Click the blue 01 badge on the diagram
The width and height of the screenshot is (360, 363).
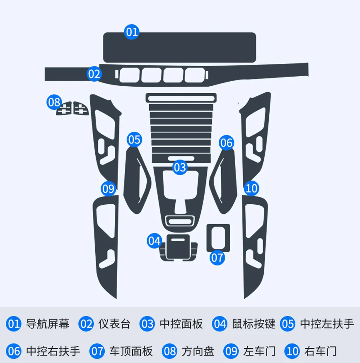click(132, 32)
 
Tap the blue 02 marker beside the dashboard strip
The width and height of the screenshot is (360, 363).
click(94, 74)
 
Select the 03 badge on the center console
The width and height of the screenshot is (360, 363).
click(180, 167)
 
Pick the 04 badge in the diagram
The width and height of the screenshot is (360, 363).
click(155, 241)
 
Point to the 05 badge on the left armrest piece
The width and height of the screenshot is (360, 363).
click(134, 140)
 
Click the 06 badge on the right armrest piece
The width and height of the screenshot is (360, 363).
click(227, 143)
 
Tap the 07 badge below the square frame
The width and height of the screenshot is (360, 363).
click(217, 258)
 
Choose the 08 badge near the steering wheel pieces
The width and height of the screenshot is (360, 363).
click(54, 103)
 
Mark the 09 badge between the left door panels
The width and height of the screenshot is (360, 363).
click(108, 189)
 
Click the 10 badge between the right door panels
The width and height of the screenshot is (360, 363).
click(251, 188)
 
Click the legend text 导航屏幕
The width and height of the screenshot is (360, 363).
click(48, 324)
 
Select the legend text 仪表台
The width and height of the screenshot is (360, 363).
click(114, 324)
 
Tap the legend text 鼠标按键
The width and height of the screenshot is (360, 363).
click(254, 324)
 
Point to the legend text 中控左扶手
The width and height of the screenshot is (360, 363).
click(327, 324)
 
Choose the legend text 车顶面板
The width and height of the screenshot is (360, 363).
click(131, 351)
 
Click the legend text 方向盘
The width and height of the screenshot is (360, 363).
click(198, 351)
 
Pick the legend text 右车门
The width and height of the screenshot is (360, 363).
click(320, 351)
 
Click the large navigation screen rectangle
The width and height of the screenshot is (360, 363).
click(179, 47)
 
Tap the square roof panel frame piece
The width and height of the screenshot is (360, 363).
click(218, 237)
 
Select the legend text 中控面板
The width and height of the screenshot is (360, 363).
click(181, 324)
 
